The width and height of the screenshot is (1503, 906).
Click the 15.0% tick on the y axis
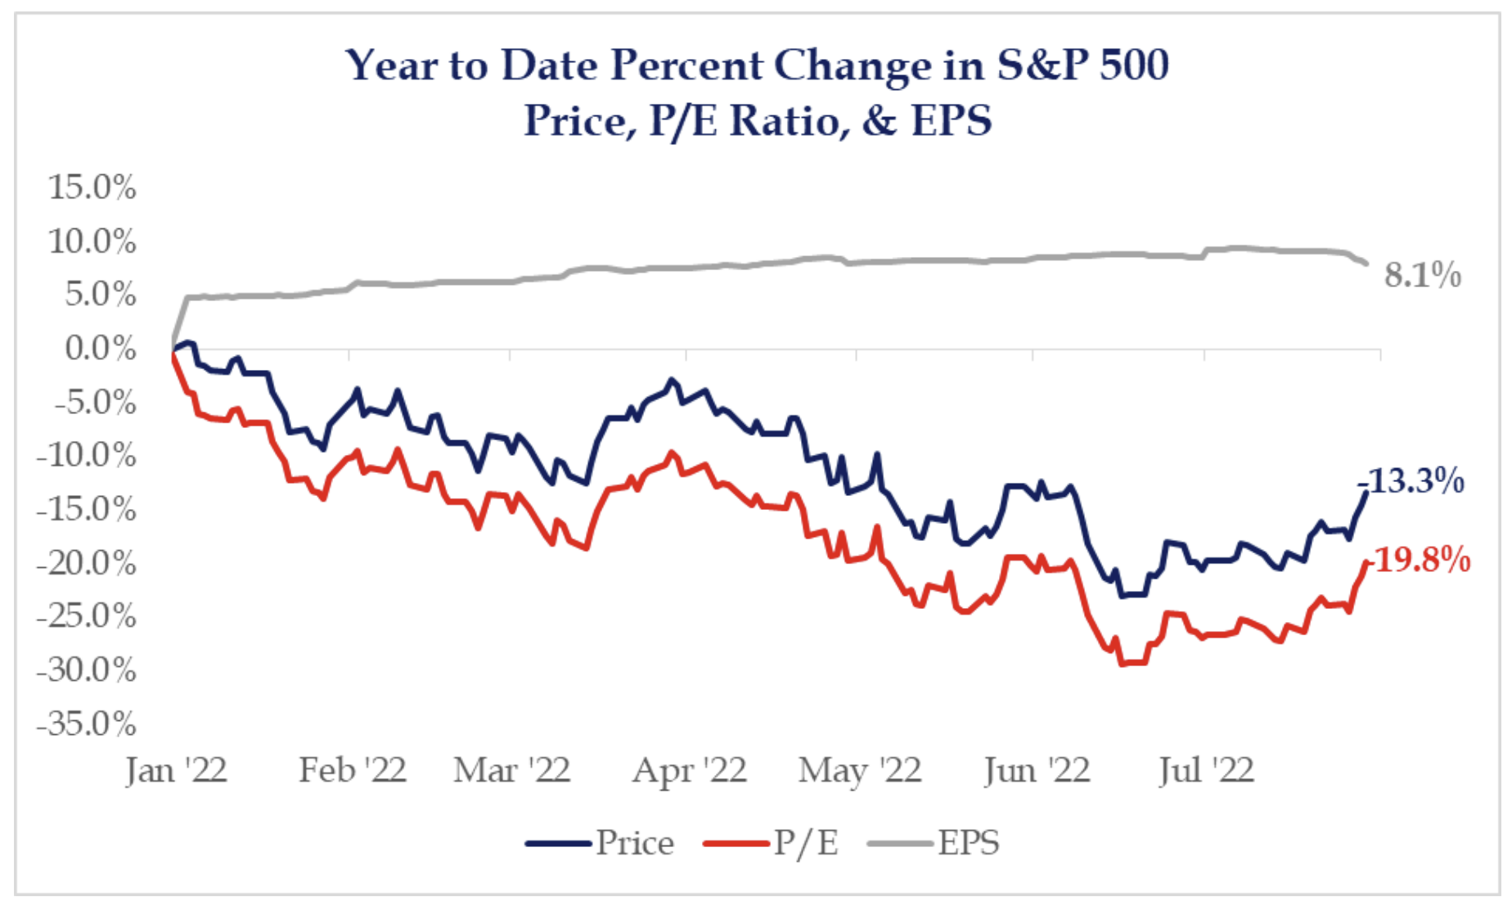[x=92, y=187]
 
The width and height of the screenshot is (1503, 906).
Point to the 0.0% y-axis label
[x=99, y=349]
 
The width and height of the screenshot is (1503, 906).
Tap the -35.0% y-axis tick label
[x=86, y=724]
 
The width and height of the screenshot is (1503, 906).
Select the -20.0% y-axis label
[x=86, y=563]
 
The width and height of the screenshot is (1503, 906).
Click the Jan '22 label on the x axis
[x=176, y=770]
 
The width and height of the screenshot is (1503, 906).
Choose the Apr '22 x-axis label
[x=689, y=770]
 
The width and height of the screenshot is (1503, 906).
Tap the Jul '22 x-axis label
[x=1206, y=770]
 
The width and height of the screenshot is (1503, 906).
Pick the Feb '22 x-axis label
[x=352, y=770]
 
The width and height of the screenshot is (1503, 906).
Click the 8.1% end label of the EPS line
[x=1422, y=276]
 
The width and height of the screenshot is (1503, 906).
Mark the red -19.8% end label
[x=1422, y=561]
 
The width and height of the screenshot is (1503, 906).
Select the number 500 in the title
[x=1134, y=65]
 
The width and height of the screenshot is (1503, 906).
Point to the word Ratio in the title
[x=785, y=121]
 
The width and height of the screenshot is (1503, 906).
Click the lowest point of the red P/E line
[x=1123, y=664]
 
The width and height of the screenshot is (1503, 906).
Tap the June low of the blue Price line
[x=1123, y=596]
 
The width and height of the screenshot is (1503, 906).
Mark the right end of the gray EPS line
[x=1366, y=264]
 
